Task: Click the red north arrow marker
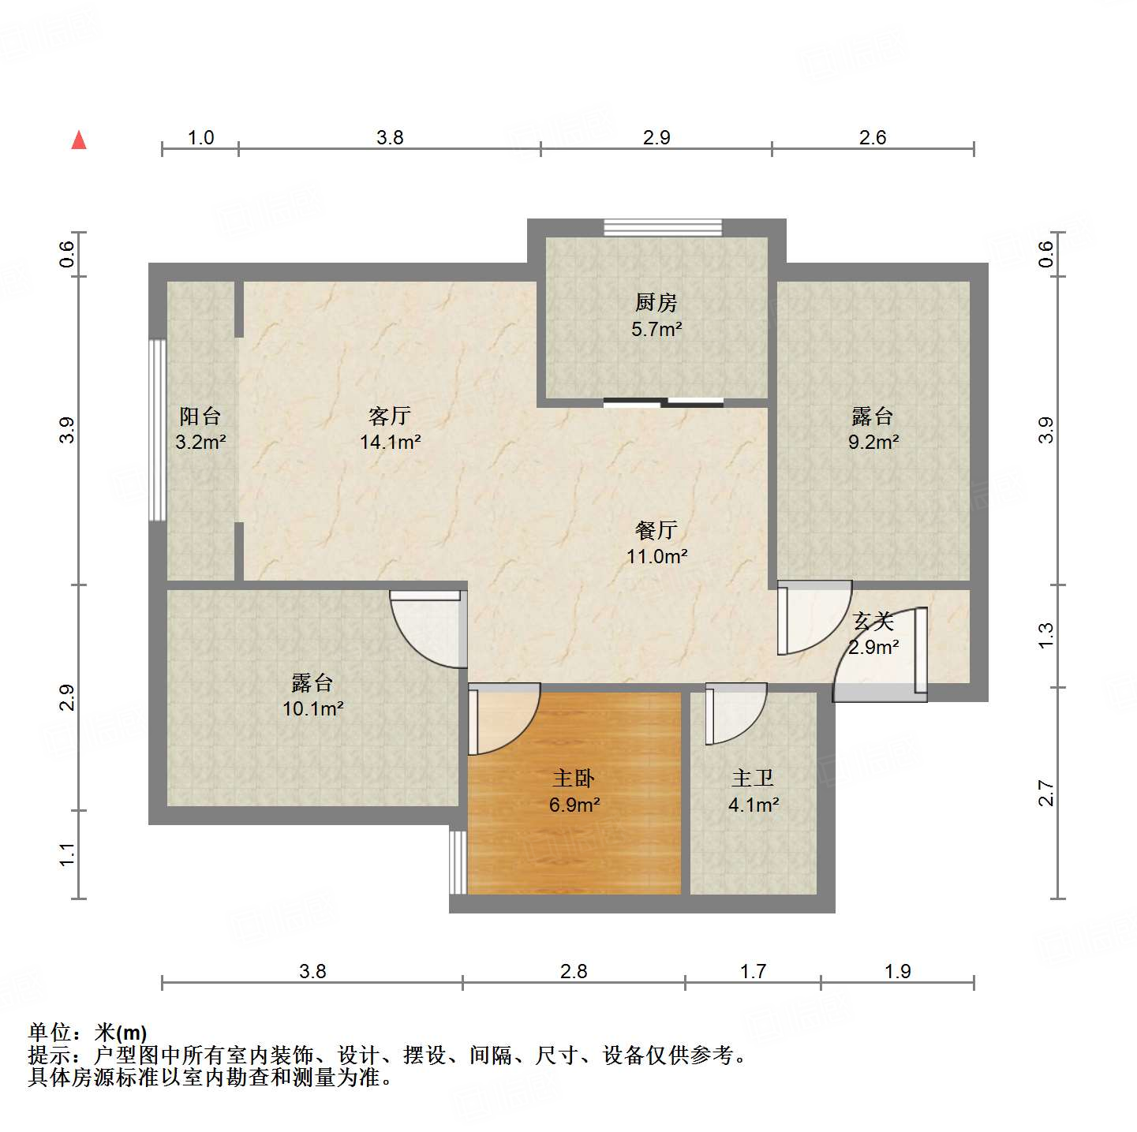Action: (x=79, y=140)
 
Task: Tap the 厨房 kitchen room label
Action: (x=656, y=302)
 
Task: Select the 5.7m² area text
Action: (x=656, y=329)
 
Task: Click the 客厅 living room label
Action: (x=390, y=416)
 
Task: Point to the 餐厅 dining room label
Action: (x=656, y=530)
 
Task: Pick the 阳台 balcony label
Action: (x=200, y=416)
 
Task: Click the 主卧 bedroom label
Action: (x=574, y=779)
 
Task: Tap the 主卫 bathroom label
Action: (x=753, y=779)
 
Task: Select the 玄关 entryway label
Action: (x=873, y=622)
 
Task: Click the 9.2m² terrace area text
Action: (x=873, y=442)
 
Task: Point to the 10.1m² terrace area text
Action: (x=312, y=708)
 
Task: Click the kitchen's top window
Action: (x=663, y=227)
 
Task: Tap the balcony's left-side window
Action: (x=158, y=430)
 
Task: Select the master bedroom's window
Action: (x=458, y=861)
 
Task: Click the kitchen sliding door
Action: (x=663, y=403)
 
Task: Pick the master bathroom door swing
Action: (x=735, y=714)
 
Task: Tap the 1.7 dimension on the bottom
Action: (x=753, y=971)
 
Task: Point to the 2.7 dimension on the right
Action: (x=1045, y=793)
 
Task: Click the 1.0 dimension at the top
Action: (x=200, y=138)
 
